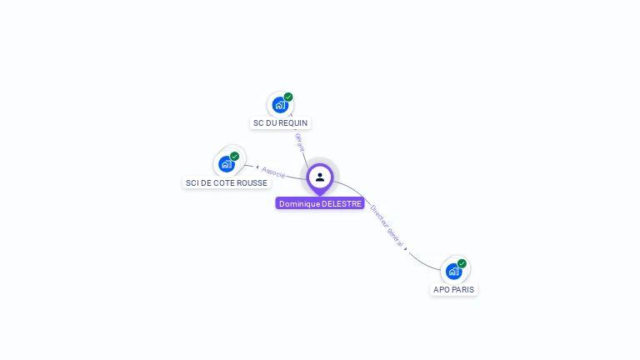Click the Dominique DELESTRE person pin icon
click(320, 177)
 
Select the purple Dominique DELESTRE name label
click(320, 203)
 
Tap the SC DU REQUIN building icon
click(280, 105)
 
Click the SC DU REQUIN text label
click(280, 123)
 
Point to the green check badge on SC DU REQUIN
click(288, 97)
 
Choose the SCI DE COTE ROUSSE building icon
click(226, 164)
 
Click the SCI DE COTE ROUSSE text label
click(227, 182)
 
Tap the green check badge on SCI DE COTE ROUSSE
click(235, 156)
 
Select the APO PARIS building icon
click(453, 271)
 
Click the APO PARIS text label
click(454, 289)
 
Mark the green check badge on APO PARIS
click(462, 263)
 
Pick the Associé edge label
click(274, 172)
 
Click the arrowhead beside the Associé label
click(257, 167)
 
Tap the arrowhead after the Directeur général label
click(406, 248)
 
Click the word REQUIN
click(292, 123)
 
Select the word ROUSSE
click(252, 182)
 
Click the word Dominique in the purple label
click(299, 203)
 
